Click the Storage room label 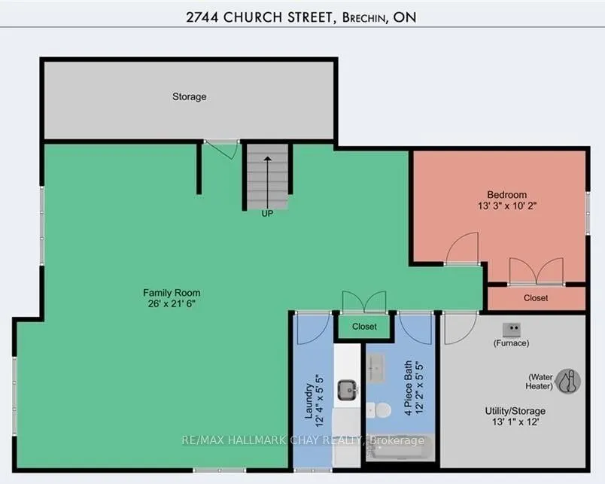pos(189,96)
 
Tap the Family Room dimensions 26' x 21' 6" pos(172,304)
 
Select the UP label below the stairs pos(267,214)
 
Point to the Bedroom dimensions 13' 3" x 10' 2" pos(507,205)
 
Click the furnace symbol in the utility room pos(512,330)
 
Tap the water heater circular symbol pos(568,382)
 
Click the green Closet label pos(364,327)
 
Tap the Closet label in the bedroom pos(536,298)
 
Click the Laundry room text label pos(309,400)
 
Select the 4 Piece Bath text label pos(408,388)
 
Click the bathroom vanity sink pos(375,368)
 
